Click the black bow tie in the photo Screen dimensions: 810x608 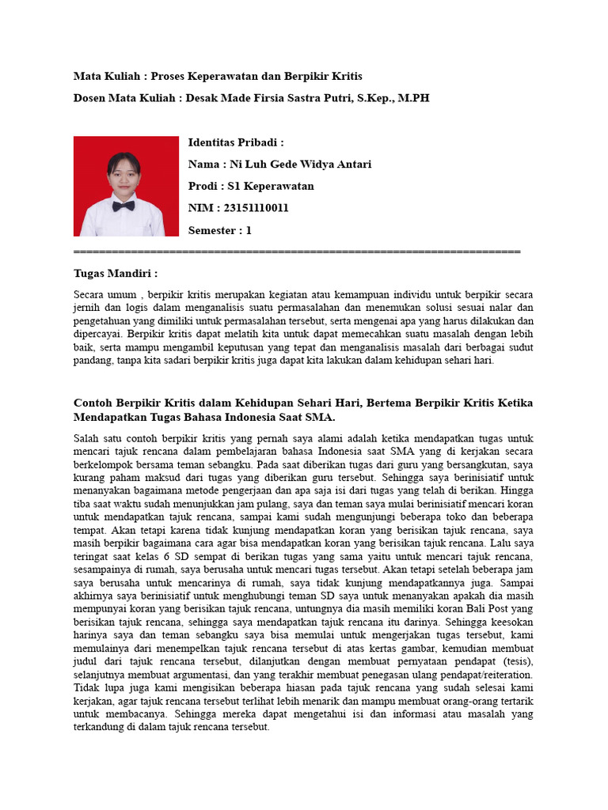coord(123,206)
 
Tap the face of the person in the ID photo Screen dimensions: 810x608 coord(123,175)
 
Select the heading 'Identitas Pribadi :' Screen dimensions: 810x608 coord(236,142)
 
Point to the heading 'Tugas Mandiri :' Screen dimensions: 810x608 coord(116,273)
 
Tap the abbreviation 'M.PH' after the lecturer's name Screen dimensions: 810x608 coord(413,98)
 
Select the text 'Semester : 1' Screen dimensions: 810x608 coord(220,230)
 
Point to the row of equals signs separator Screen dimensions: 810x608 coord(297,252)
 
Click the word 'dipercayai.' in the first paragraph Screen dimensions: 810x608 coord(98,333)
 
